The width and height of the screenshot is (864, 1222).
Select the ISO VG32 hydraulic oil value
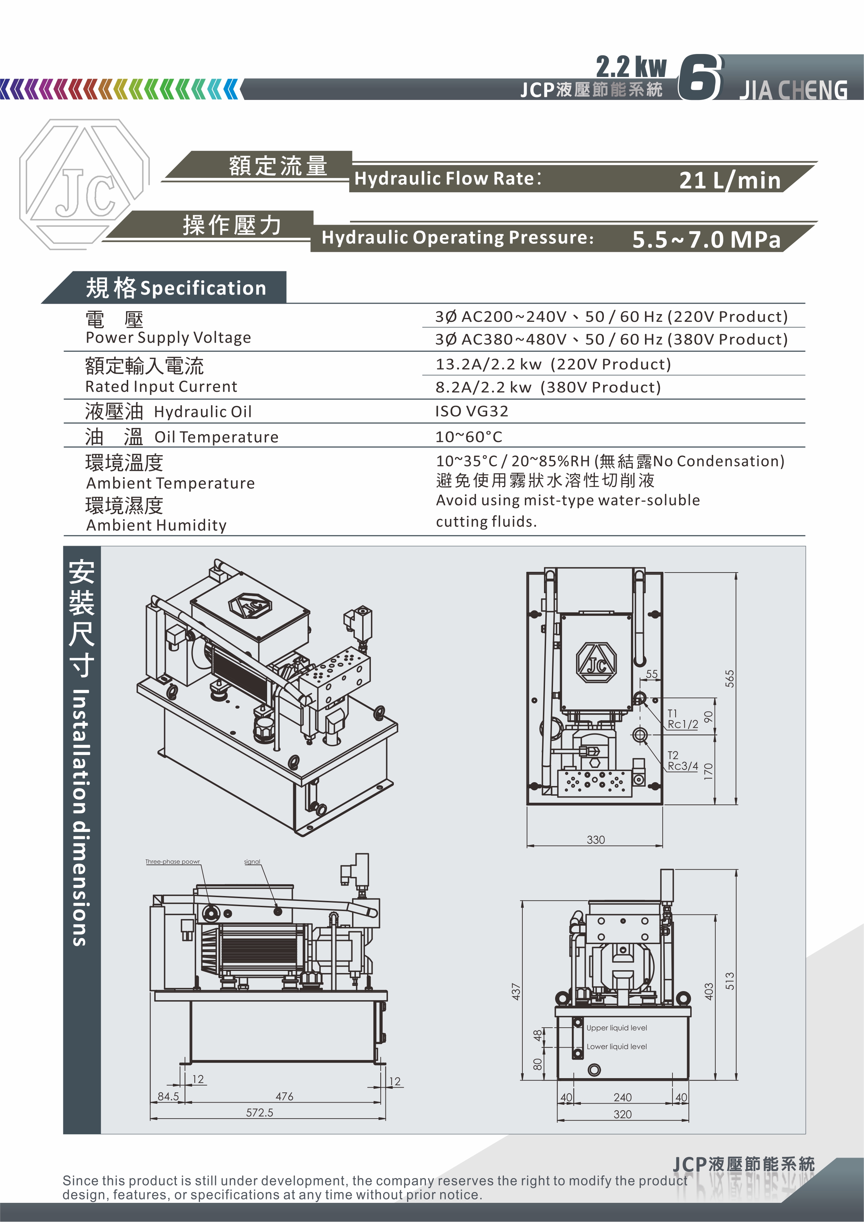point(472,411)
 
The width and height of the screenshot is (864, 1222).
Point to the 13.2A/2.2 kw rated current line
point(553,364)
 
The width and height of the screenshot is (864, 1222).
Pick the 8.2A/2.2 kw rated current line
point(548,387)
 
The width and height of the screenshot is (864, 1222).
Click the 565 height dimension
point(729,679)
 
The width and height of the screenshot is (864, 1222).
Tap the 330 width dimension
point(596,839)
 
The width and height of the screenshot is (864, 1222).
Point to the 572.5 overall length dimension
point(260,1112)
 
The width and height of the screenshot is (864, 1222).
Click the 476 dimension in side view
point(284,1096)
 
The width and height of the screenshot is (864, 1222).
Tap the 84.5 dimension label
point(168,1096)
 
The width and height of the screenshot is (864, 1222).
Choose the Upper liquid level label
point(616,1028)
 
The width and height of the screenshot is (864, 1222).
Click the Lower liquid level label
point(616,1046)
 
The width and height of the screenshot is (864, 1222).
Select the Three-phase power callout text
point(172,862)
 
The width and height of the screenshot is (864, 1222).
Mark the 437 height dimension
point(516,991)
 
